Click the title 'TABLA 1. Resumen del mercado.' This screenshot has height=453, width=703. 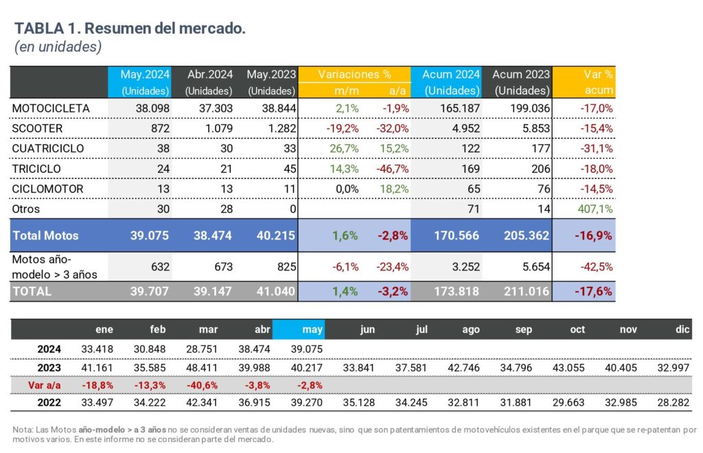click(130, 29)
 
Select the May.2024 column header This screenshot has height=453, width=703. click(145, 74)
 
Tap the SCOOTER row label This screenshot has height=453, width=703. click(38, 128)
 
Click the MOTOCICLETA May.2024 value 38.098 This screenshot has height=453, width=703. click(152, 108)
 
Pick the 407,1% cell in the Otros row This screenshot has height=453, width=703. click(596, 209)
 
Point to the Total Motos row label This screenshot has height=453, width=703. click(46, 235)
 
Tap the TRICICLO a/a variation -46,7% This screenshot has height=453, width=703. click(393, 168)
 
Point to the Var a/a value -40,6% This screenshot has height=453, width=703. click(203, 384)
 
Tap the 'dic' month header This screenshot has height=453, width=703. click(682, 329)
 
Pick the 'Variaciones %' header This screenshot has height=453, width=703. click(357, 74)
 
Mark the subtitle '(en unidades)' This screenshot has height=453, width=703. click(58, 47)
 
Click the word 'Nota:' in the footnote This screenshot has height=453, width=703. click(23, 430)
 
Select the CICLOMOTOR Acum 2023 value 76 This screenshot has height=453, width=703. click(540, 188)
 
